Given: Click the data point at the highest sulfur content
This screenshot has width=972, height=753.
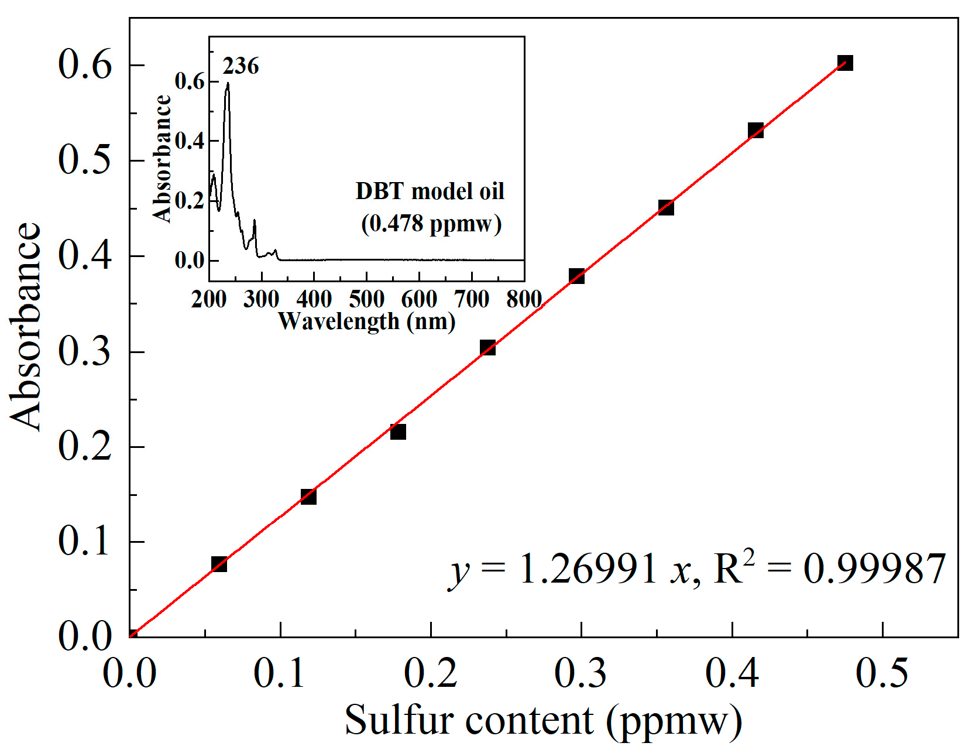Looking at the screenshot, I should point(844,63).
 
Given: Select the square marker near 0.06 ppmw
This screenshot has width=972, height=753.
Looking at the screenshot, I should point(219,564).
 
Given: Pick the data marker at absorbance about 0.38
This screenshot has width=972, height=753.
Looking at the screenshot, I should point(576,276).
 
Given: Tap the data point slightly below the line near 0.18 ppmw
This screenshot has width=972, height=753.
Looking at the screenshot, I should point(398,432).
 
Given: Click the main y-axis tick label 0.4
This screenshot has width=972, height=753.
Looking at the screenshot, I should point(84,256).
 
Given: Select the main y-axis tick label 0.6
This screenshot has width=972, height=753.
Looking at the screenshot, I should point(84,64).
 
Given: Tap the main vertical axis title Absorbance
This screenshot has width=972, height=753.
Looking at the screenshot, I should point(26,327).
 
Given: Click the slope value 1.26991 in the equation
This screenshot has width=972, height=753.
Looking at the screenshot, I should point(588,569).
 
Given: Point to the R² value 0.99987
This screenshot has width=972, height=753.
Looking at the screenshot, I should point(874,569).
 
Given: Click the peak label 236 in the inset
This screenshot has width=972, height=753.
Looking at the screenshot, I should point(241,66).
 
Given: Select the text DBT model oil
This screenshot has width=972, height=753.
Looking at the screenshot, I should point(430,191).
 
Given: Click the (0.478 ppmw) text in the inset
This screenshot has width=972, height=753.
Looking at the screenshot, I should point(431,224).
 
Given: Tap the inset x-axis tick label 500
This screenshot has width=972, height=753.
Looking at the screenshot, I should point(366,300).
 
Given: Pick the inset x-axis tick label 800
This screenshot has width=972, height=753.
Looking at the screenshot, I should point(524,300).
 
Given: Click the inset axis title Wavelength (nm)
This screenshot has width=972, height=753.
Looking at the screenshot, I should point(366,321).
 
